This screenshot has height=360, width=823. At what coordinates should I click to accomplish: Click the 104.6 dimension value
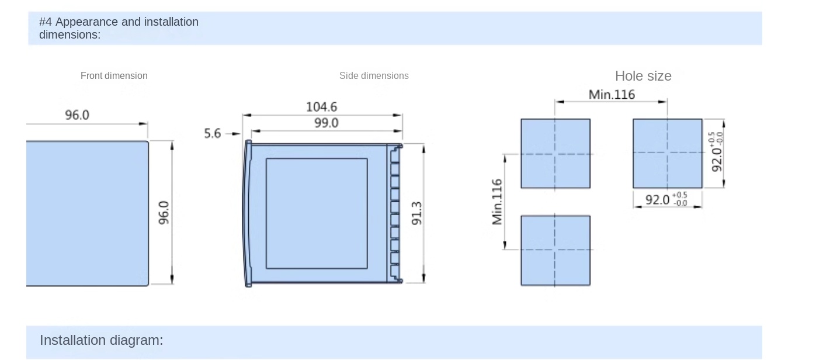point(321,106)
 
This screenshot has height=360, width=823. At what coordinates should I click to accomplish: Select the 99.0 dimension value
point(327,123)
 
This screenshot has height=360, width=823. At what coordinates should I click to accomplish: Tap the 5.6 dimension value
point(213,133)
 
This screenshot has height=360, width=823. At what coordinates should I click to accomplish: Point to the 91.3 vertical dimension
point(416,213)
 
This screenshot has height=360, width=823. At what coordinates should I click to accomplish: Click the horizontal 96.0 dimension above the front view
point(77,115)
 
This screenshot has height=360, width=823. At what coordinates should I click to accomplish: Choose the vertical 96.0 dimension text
point(164,213)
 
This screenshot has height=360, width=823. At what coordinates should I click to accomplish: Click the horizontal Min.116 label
point(612,95)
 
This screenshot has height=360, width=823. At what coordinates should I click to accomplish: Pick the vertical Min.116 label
point(496,202)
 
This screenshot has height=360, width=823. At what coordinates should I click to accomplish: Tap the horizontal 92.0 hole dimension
point(666,200)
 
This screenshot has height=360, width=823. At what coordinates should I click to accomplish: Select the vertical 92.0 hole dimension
point(717,152)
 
